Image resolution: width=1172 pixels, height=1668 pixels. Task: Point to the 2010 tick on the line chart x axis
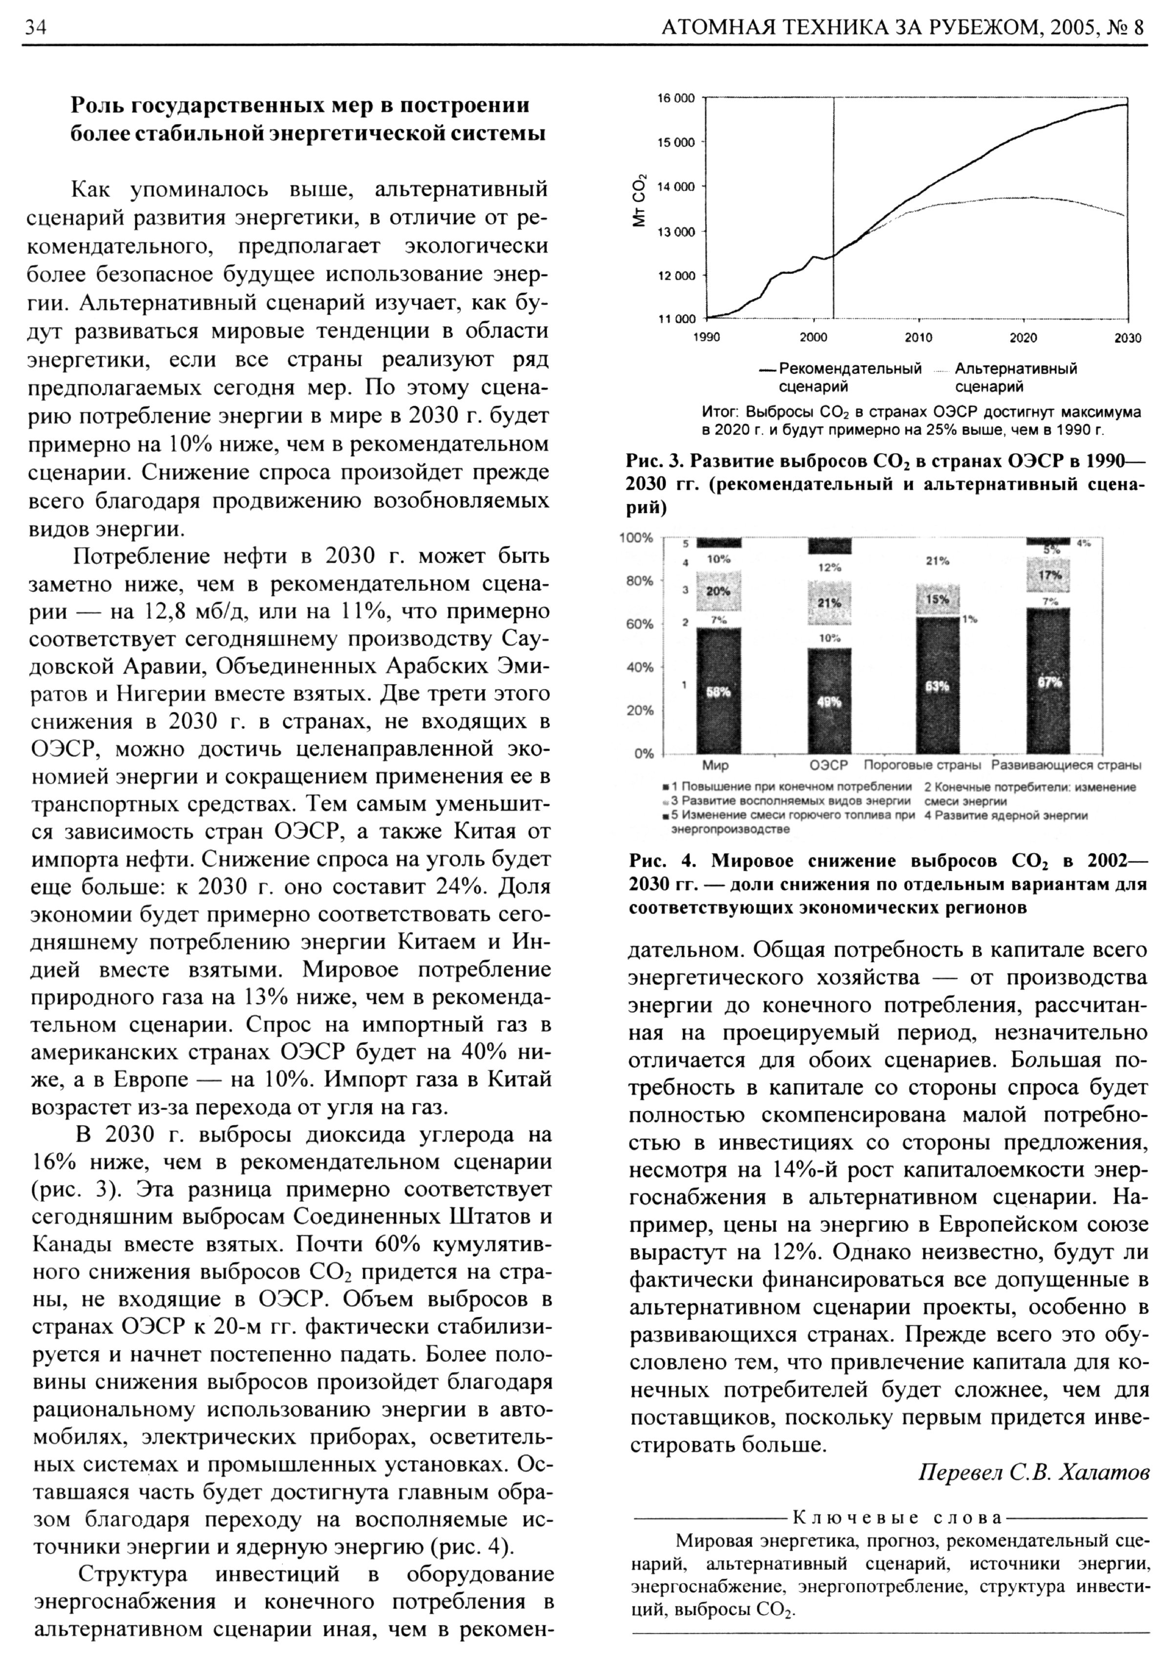tap(919, 338)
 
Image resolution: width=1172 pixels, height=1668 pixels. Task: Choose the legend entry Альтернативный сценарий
tap(1015, 377)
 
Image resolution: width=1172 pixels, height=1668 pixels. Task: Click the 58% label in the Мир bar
tap(719, 692)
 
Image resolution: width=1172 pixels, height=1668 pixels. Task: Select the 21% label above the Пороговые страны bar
tap(937, 561)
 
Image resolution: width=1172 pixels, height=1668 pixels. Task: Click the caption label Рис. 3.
tap(655, 461)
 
